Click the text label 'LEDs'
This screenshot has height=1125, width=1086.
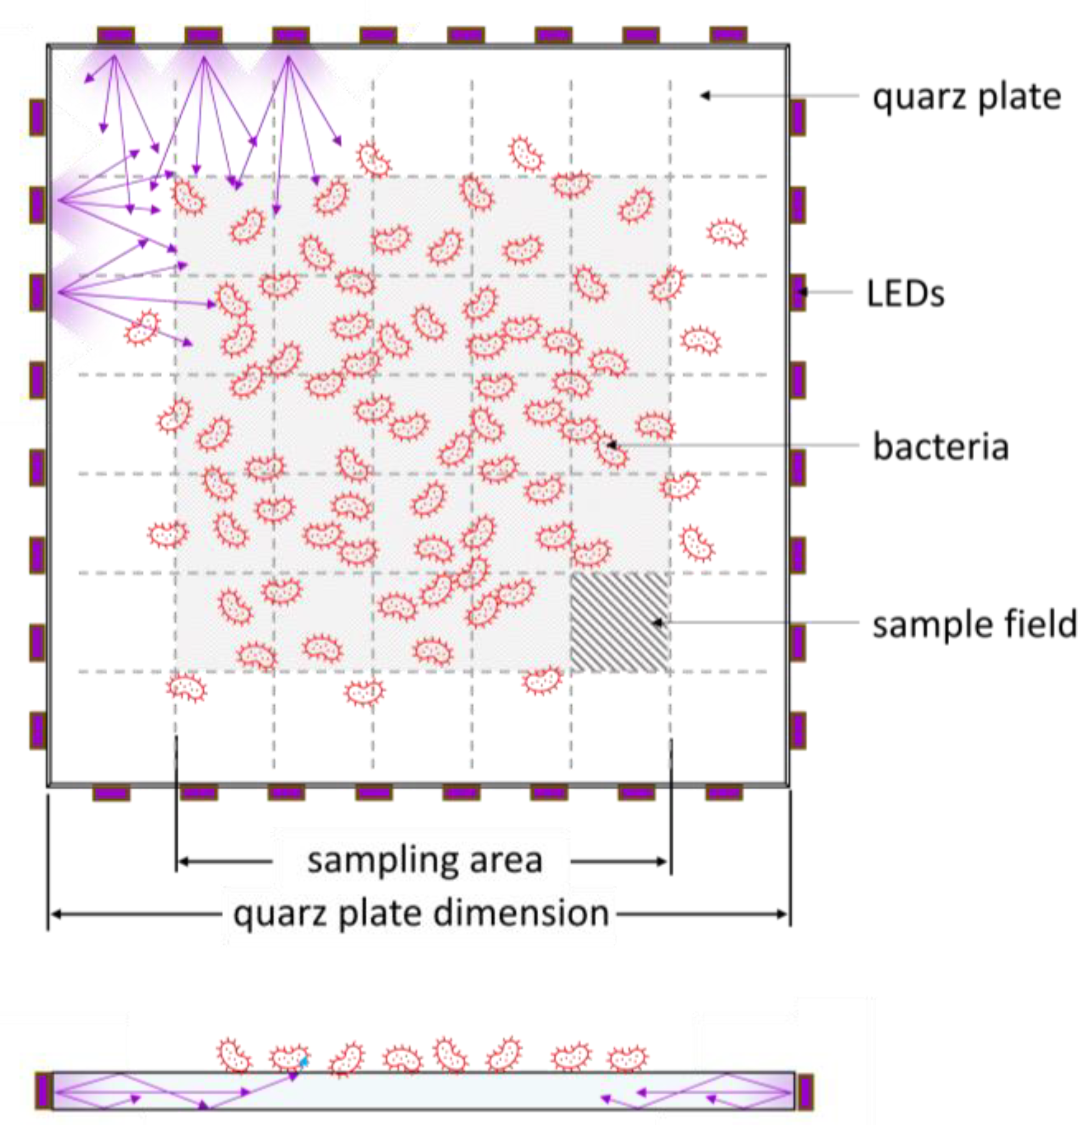(905, 294)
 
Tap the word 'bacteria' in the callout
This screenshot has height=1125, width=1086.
(940, 447)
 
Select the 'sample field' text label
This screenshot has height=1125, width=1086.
(974, 625)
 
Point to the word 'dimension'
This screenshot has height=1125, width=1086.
(521, 912)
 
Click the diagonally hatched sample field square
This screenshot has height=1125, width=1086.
(620, 622)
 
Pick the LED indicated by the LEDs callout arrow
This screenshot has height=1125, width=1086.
(798, 292)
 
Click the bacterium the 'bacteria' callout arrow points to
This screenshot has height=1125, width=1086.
(611, 449)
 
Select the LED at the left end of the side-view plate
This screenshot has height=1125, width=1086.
(43, 1090)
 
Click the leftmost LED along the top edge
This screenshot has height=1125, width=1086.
(116, 35)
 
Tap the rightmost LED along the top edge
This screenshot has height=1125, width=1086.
(728, 35)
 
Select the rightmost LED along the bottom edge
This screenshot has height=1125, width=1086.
(725, 793)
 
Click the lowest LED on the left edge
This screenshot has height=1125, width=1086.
(37, 730)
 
